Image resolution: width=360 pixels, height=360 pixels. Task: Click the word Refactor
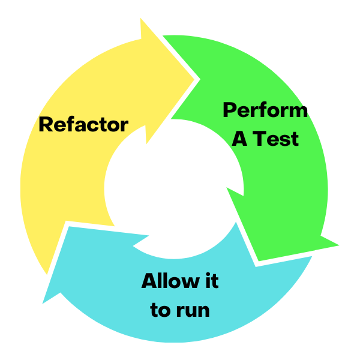pyautogui.click(x=83, y=125)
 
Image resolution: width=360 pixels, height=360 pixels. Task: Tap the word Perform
pyautogui.click(x=265, y=110)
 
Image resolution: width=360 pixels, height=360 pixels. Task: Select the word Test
pyautogui.click(x=275, y=139)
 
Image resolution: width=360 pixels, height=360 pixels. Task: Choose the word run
pyautogui.click(x=193, y=311)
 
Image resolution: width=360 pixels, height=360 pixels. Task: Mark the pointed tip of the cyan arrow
pyautogui.click(x=43, y=300)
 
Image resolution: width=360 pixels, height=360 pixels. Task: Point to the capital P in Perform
pyautogui.click(x=229, y=110)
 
